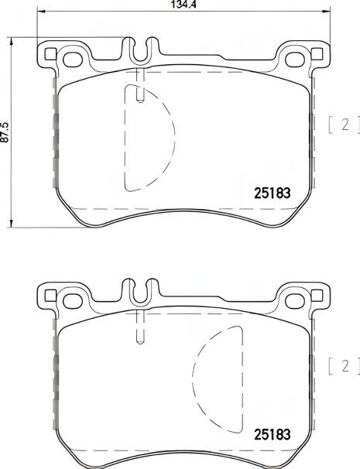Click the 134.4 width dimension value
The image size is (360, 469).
[x=182, y=5]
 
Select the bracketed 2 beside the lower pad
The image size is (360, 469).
[x=340, y=366]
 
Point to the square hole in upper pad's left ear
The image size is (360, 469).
[x=51, y=54]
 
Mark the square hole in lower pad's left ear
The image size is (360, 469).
[x=51, y=295]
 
